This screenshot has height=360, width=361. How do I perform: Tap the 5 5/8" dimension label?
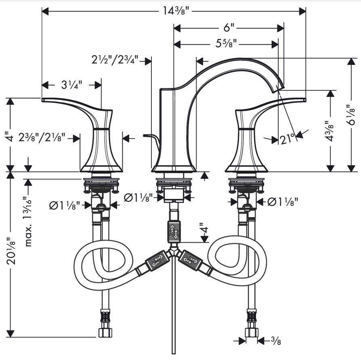(x=226, y=43)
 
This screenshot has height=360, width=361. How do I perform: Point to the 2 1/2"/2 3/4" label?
(x=115, y=60)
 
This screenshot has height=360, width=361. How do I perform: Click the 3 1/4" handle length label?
(x=71, y=85)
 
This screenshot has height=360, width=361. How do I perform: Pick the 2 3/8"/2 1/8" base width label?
(x=42, y=138)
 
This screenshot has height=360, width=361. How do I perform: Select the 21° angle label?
(x=288, y=139)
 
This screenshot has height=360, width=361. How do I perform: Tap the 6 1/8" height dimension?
(x=351, y=115)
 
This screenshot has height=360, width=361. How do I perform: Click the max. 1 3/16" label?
(x=28, y=222)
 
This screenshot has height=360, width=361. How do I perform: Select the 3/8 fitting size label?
(x=276, y=341)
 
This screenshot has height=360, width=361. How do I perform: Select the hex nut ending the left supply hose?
(x=105, y=333)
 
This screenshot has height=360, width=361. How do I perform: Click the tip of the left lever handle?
(x=42, y=100)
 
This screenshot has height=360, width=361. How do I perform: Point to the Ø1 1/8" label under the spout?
(x=138, y=198)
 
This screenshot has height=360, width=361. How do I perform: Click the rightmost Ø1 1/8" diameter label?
(x=283, y=202)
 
